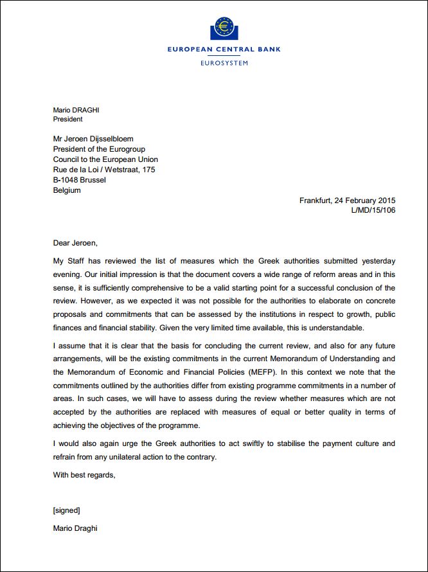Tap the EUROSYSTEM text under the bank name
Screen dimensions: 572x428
(x=224, y=63)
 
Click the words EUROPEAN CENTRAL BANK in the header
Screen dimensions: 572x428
(x=224, y=49)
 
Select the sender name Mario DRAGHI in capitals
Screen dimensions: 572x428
(x=76, y=110)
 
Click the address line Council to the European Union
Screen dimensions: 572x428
(x=105, y=159)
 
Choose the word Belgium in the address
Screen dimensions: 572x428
(x=67, y=190)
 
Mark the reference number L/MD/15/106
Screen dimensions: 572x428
(x=373, y=210)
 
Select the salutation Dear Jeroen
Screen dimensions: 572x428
(x=76, y=243)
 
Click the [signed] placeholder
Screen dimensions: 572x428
(x=66, y=510)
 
